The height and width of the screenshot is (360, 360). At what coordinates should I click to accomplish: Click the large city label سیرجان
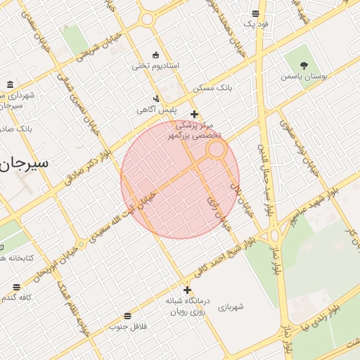pyautogui.click(x=25, y=162)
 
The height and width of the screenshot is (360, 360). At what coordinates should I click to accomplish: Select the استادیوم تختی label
pyautogui.click(x=155, y=66)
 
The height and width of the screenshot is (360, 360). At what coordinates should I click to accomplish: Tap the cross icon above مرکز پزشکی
pyautogui.click(x=194, y=114)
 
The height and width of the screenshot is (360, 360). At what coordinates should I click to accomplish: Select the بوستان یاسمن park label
pyautogui.click(x=307, y=75)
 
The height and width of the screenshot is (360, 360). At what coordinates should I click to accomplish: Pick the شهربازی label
pyautogui.click(x=231, y=307)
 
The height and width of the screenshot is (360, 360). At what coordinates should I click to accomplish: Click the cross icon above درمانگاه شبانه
pyautogui.click(x=187, y=289)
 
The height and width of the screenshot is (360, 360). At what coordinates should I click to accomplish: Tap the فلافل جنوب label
pyautogui.click(x=127, y=327)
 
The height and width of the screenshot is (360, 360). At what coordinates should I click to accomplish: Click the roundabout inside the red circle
pyautogui.click(x=217, y=149)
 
